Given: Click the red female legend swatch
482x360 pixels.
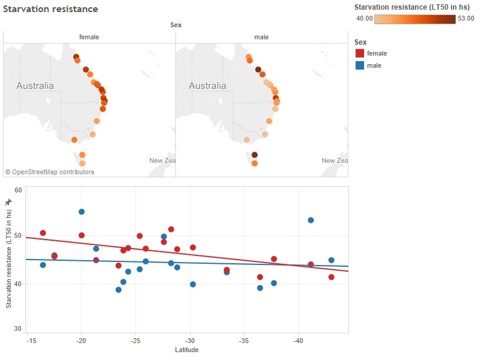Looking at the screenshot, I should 359,54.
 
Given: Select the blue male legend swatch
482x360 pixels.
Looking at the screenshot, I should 359,65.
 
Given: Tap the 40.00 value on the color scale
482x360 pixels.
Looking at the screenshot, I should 364,18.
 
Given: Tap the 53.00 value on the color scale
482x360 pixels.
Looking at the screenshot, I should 466,18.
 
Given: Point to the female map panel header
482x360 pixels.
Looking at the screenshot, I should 89,37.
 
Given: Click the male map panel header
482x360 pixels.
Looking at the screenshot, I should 261,37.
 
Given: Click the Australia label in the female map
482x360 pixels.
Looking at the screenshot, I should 34,86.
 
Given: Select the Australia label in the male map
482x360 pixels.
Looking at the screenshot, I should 207,86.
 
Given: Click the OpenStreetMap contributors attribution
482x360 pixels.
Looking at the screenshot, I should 50,172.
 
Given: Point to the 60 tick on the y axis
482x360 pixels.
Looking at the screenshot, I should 18,190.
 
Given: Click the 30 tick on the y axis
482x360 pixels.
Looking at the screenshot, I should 18,329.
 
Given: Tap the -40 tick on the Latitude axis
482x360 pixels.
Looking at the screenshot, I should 298,341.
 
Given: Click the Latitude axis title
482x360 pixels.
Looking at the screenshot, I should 187,350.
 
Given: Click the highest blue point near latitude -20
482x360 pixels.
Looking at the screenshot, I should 82,212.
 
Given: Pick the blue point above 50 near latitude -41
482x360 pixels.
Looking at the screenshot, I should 311,220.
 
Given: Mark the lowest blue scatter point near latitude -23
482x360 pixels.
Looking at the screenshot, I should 119,290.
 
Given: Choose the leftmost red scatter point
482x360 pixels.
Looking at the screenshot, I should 43,233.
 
